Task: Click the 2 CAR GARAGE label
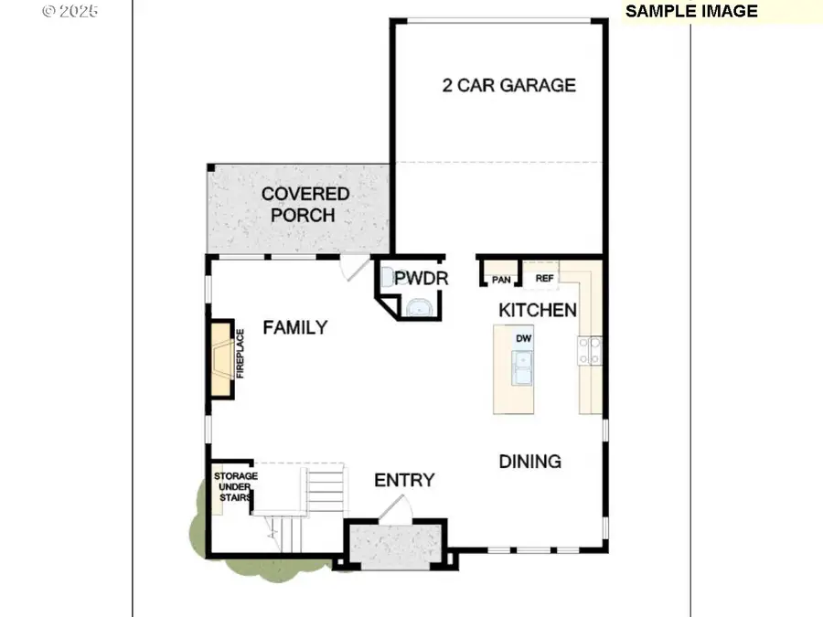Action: [x=508, y=85]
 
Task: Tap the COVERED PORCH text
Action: [x=305, y=204]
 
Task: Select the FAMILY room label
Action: [x=295, y=327]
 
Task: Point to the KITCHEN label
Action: [x=538, y=310]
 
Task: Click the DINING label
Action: [x=530, y=462]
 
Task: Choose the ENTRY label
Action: [x=404, y=480]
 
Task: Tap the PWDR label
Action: [x=421, y=278]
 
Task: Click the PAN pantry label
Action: [x=501, y=280]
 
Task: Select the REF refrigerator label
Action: [x=544, y=278]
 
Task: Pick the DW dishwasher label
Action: [x=523, y=338]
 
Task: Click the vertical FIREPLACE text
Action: [x=240, y=354]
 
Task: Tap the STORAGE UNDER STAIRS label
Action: [x=235, y=486]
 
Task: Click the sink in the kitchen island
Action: [x=522, y=368]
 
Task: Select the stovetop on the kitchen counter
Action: [x=590, y=350]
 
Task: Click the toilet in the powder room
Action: [x=388, y=276]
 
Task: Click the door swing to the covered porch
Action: [x=354, y=268]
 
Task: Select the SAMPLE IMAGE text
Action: [x=691, y=11]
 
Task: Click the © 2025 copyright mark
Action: [x=69, y=11]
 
